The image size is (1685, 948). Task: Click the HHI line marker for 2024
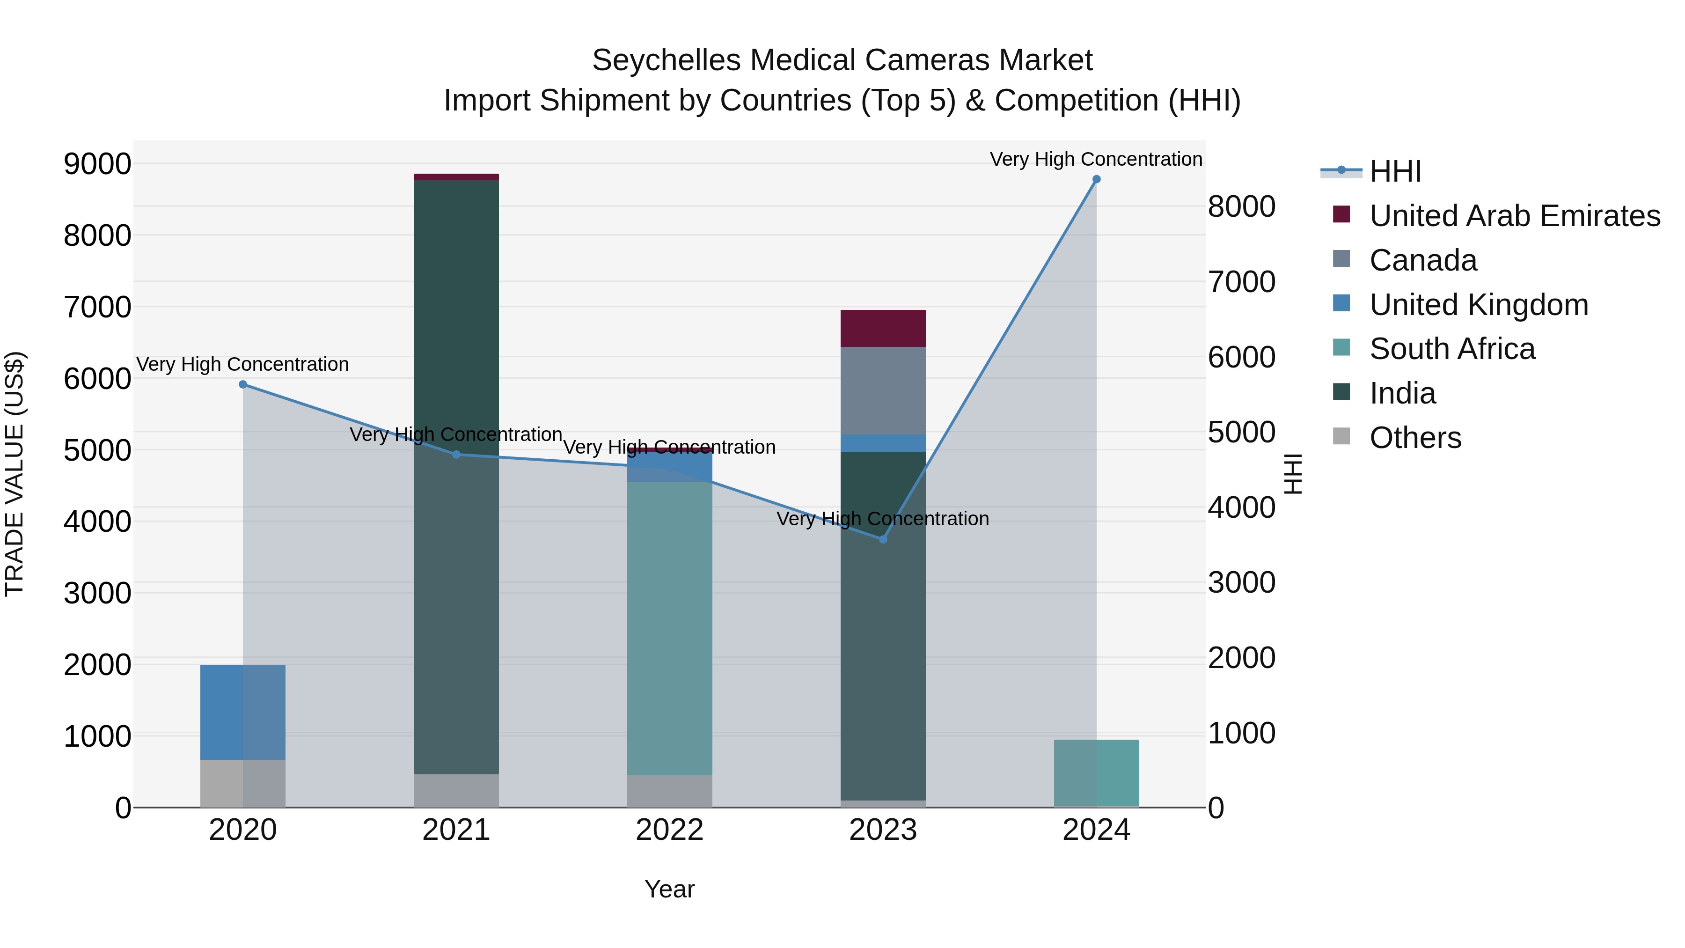pyautogui.click(x=1096, y=179)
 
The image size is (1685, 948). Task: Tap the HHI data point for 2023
pyautogui.click(x=882, y=540)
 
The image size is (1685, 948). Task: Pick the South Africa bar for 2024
pyautogui.click(x=1096, y=773)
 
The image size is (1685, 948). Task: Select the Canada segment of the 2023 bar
pyautogui.click(x=882, y=390)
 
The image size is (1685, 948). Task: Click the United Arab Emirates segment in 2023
pyautogui.click(x=882, y=329)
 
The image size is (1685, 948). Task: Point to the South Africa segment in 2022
pyautogui.click(x=669, y=628)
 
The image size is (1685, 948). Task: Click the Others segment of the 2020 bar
pyautogui.click(x=242, y=783)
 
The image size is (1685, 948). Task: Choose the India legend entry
pyautogui.click(x=1402, y=393)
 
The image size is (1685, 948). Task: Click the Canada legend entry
pyautogui.click(x=1423, y=260)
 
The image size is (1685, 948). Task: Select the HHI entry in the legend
pyautogui.click(x=1395, y=171)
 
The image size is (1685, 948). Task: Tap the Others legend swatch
pyautogui.click(x=1341, y=436)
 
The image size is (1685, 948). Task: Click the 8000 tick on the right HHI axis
pyautogui.click(x=1241, y=207)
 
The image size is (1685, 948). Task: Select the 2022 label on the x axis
pyautogui.click(x=669, y=830)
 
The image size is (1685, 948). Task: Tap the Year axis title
pyautogui.click(x=669, y=889)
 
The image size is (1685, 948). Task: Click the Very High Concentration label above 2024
pyautogui.click(x=1096, y=160)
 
